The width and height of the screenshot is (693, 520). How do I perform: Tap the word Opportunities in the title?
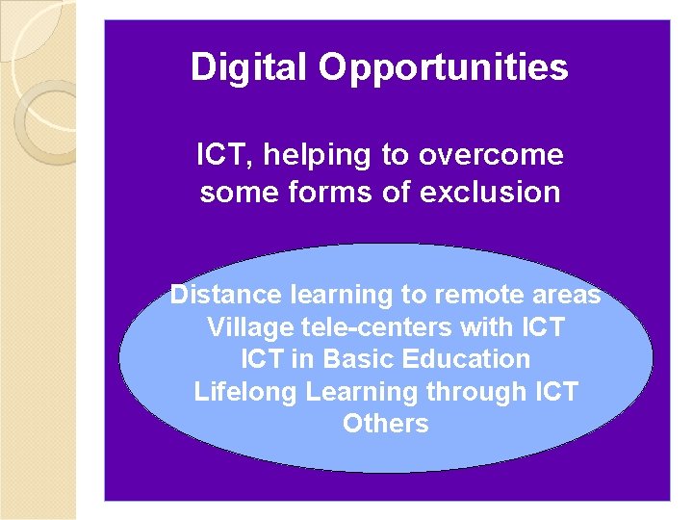click(x=444, y=68)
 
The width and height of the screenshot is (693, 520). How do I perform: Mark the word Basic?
click(x=358, y=359)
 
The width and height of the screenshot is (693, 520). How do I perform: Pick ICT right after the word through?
click(x=554, y=392)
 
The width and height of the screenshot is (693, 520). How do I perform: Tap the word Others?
click(x=385, y=424)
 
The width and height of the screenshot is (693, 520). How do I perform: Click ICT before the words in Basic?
click(x=263, y=359)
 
